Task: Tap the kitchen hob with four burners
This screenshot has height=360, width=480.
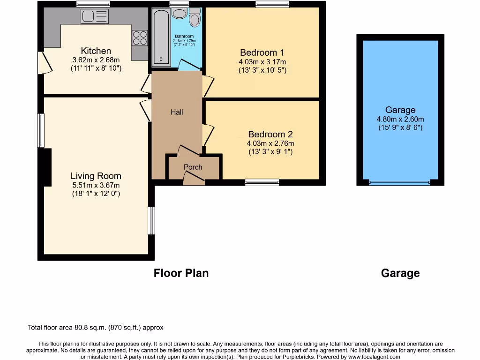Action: pos(139,37)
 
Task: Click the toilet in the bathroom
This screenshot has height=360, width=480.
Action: pos(194,18)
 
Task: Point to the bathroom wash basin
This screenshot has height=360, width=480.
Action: pos(179,13)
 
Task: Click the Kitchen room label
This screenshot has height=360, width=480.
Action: pos(96,51)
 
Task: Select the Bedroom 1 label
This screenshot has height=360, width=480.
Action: pos(262,52)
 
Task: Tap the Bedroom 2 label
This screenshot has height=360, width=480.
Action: pos(270,134)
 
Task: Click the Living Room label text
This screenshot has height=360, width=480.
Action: pos(96,176)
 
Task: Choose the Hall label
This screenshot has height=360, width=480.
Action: pos(177,112)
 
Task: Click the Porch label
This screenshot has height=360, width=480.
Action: pos(193,167)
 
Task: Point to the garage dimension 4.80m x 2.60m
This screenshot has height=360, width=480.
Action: pos(400,119)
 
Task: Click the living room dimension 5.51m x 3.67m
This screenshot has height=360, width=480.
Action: pos(96,185)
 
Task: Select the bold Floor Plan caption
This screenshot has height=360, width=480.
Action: pos(181,273)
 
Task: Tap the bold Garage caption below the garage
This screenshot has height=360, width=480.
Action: pos(400,273)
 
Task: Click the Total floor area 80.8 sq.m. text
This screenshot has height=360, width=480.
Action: pos(96,328)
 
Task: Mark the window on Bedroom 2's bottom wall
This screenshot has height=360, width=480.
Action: pos(262,182)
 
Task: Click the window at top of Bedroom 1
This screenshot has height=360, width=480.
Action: pos(272,4)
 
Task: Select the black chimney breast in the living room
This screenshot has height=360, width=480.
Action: pos(46,166)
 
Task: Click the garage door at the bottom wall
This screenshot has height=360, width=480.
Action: pos(400,183)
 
